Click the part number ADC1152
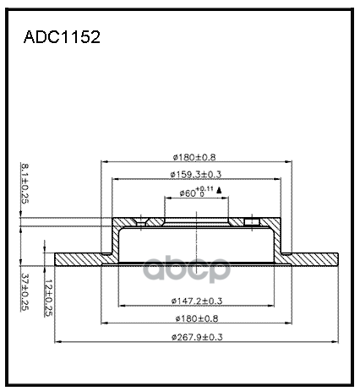click(62, 37)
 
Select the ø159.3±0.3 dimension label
click(196, 175)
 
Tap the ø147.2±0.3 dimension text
click(197, 301)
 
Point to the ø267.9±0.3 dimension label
click(197, 337)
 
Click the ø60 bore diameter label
click(188, 193)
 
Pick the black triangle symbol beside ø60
click(219, 190)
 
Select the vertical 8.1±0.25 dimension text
click(25, 183)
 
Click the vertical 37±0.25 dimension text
click(25, 292)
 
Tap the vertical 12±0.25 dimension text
click(48, 298)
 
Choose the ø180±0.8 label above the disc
click(194, 157)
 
